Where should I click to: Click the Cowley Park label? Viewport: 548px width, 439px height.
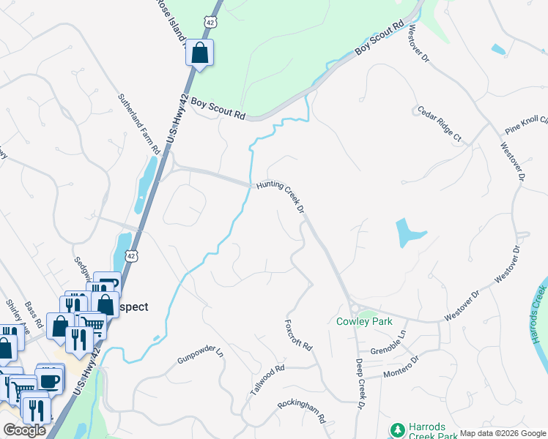click(364, 321)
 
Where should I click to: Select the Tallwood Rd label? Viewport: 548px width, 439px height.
click(267, 381)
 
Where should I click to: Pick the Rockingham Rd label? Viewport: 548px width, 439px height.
click(301, 413)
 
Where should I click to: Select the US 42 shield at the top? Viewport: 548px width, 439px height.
click(210, 23)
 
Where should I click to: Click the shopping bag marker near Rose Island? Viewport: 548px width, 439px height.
click(199, 53)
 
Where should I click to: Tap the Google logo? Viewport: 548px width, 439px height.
click(24, 430)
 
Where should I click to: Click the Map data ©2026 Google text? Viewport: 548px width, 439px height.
click(503, 433)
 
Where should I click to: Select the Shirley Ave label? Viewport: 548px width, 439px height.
click(15, 315)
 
